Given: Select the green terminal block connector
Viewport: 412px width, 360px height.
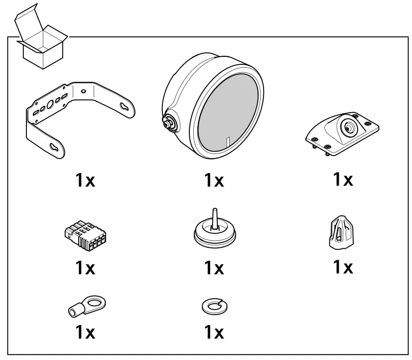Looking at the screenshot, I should (x=84, y=234).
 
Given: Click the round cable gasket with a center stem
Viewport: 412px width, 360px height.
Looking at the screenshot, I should (x=214, y=231).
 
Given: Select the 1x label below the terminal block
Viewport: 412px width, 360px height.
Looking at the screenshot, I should (x=85, y=268).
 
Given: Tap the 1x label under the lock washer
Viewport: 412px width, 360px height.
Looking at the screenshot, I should (x=214, y=333).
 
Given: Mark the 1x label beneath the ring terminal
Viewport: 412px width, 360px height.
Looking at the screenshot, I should (x=85, y=333).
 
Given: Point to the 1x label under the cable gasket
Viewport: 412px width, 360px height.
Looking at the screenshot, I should (x=214, y=268).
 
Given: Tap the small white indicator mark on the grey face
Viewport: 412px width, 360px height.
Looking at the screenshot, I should (x=227, y=143).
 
